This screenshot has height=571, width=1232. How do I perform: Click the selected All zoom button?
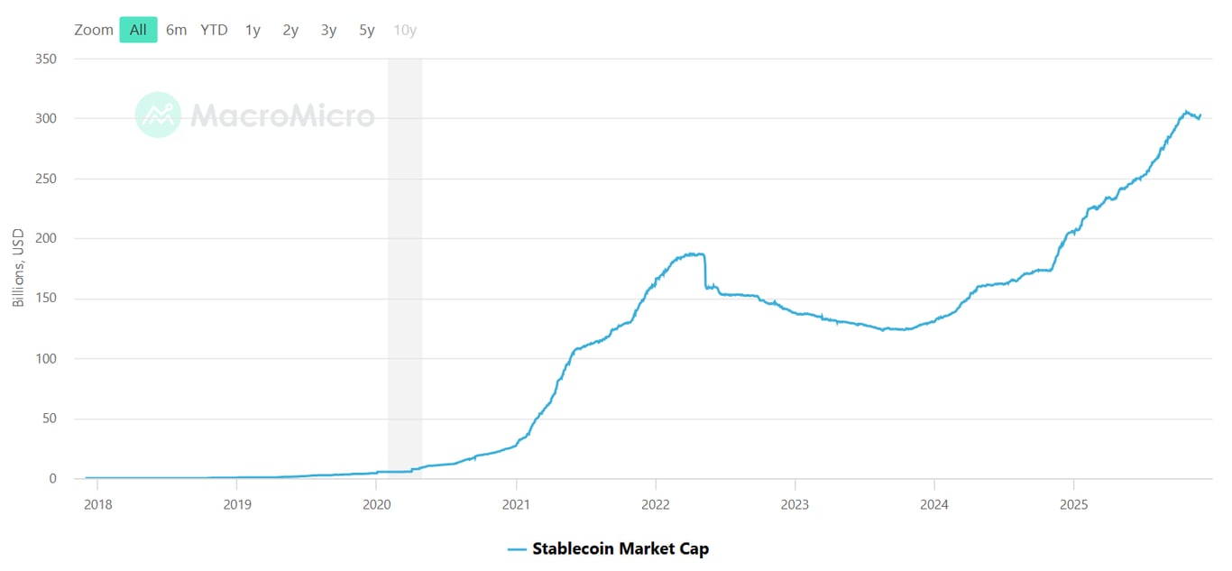click(138, 30)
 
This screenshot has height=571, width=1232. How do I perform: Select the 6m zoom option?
click(176, 30)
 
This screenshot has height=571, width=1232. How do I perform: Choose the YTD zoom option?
click(214, 30)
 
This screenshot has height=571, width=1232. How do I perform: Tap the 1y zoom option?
click(253, 30)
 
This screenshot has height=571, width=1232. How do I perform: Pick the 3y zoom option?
click(328, 30)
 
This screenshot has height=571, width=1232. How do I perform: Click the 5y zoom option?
click(366, 30)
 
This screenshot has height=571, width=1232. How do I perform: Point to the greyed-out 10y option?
click(405, 30)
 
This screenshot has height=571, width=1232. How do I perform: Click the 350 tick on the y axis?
click(45, 60)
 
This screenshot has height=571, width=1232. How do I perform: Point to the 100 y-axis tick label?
click(45, 359)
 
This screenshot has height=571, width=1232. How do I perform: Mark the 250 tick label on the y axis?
click(45, 179)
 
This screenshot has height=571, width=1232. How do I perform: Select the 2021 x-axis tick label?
click(516, 505)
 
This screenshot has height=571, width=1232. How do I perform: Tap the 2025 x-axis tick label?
click(1073, 505)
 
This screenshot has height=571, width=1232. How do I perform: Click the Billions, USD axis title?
click(19, 268)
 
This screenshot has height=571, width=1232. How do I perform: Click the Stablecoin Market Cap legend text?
click(621, 548)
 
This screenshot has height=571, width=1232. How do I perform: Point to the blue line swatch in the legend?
click(517, 548)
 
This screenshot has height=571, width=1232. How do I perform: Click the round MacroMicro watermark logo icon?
click(158, 115)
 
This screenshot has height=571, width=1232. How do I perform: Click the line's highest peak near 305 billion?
click(1185, 112)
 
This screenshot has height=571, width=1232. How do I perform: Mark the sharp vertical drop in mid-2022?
click(705, 271)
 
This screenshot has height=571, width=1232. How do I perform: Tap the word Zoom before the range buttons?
click(94, 30)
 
